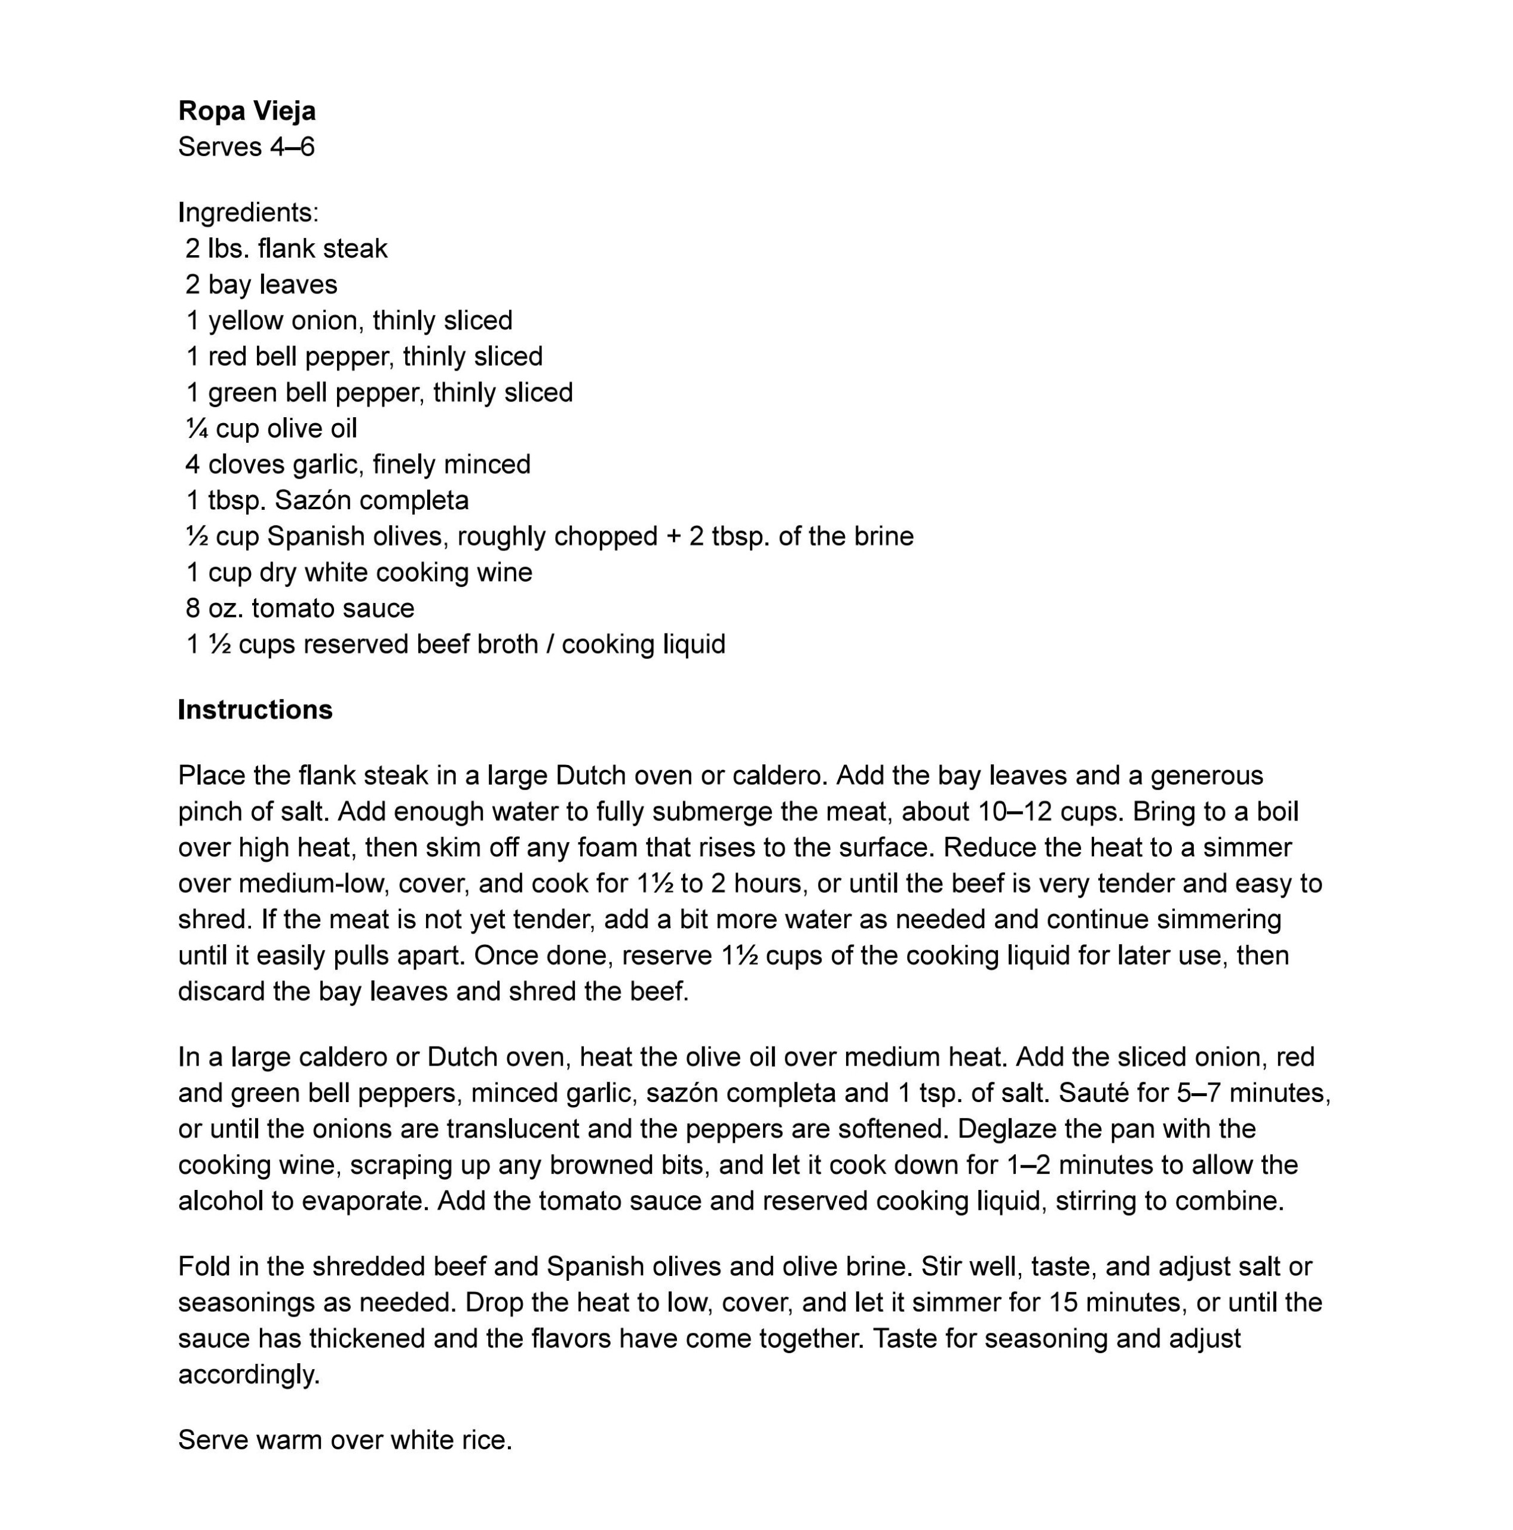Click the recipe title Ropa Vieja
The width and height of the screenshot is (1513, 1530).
point(246,111)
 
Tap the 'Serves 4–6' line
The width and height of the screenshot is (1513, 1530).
point(246,147)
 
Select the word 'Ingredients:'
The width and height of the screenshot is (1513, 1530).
point(248,212)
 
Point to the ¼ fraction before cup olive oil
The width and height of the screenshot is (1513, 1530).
point(197,429)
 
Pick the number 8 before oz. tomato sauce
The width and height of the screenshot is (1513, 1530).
point(192,608)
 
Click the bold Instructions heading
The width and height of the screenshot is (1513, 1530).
point(255,709)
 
